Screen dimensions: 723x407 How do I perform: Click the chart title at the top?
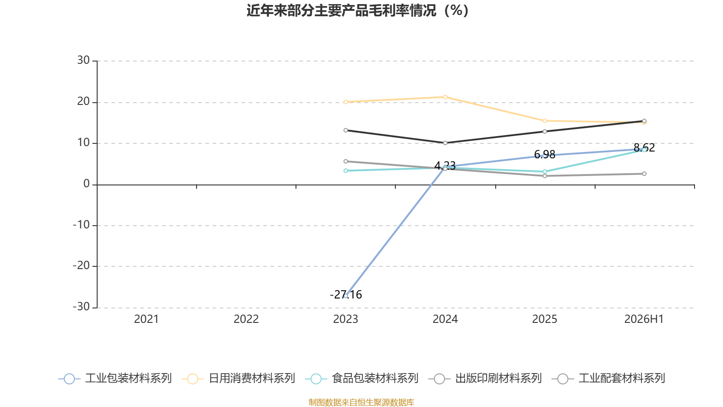click(357, 11)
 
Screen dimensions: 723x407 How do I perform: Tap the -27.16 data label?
click(346, 294)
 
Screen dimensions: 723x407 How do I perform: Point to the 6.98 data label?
click(545, 154)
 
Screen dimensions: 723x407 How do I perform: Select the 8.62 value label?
click(644, 147)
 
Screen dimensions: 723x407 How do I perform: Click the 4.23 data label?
click(445, 166)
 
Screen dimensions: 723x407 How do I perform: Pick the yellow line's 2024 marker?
click(445, 97)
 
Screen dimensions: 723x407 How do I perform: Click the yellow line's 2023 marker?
click(346, 102)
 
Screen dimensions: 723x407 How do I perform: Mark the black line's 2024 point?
click(445, 143)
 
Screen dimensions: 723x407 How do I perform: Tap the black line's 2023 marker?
click(346, 130)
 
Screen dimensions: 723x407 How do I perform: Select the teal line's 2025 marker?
click(545, 172)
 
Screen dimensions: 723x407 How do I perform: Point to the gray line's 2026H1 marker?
click(644, 174)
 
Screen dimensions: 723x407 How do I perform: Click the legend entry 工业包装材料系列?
click(115, 378)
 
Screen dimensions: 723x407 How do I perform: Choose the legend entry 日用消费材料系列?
click(239, 378)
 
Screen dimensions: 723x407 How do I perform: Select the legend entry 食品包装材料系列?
click(362, 378)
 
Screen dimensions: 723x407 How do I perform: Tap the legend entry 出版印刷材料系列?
click(485, 378)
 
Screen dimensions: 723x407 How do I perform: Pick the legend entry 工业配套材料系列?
click(608, 378)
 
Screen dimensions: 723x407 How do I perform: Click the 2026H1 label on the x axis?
click(644, 319)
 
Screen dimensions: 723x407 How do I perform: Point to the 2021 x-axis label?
click(146, 319)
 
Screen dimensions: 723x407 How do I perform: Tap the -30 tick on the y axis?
click(81, 307)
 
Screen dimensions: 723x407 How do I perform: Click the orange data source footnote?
click(361, 402)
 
